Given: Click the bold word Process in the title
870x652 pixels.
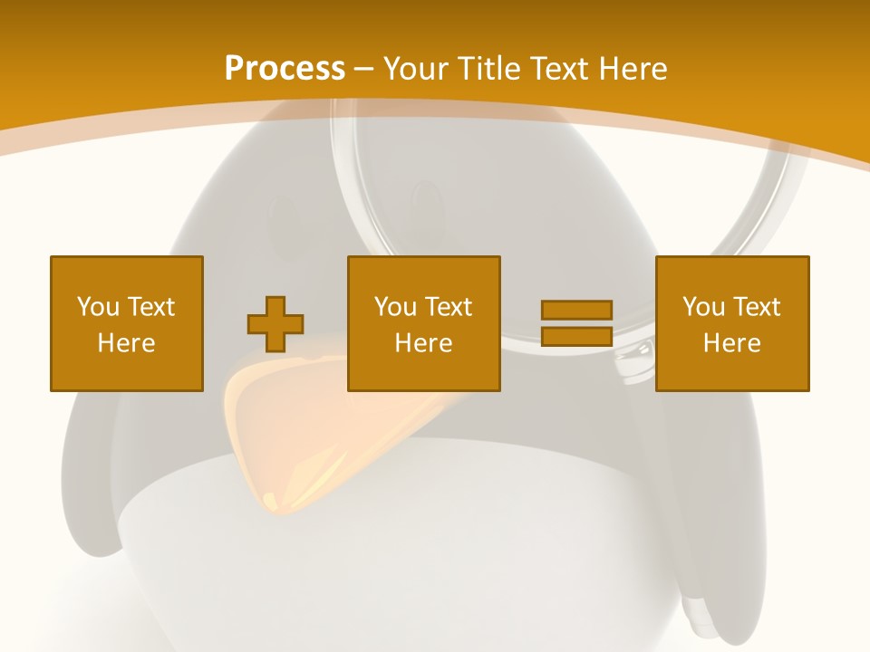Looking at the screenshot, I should (x=285, y=69).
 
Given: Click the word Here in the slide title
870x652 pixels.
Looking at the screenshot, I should (x=633, y=69).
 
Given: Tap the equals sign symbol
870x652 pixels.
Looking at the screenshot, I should (x=576, y=323).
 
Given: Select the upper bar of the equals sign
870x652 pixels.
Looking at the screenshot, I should (x=576, y=311).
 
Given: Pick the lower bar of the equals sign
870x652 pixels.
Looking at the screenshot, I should (x=576, y=336).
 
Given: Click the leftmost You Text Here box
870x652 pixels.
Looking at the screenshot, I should (x=127, y=323).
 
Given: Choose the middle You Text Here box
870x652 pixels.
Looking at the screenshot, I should (x=424, y=323).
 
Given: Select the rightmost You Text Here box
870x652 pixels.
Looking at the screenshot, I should (x=732, y=323).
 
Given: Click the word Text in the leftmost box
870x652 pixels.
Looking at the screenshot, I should (x=150, y=307).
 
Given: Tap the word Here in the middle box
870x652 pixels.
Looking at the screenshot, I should (x=424, y=343).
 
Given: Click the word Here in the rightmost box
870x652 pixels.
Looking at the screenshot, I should (x=732, y=343).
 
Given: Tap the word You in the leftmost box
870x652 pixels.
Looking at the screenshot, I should (x=98, y=307).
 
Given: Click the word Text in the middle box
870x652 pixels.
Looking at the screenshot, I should (x=448, y=307).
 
